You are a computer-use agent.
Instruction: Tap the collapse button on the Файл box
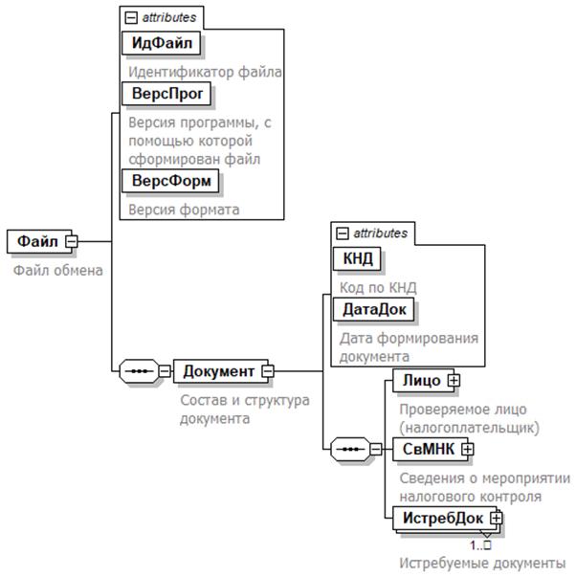(x=71, y=242)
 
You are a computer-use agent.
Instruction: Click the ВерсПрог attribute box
(x=166, y=95)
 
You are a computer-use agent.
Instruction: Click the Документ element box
(x=218, y=371)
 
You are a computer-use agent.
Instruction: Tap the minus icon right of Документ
(x=268, y=371)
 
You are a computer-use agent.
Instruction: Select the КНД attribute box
(x=356, y=258)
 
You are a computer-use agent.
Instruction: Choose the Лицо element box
(x=421, y=381)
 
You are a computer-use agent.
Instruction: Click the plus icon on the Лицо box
(x=454, y=381)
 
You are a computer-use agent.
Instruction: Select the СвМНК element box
(x=427, y=449)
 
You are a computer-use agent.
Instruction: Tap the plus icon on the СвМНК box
(x=468, y=449)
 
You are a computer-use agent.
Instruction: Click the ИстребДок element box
(x=441, y=519)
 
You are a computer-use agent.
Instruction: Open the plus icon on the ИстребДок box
(x=496, y=519)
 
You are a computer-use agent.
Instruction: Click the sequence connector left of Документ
(x=138, y=371)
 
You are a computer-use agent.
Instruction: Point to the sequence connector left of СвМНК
(x=350, y=449)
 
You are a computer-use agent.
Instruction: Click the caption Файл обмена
(x=57, y=270)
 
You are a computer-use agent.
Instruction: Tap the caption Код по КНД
(x=379, y=286)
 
